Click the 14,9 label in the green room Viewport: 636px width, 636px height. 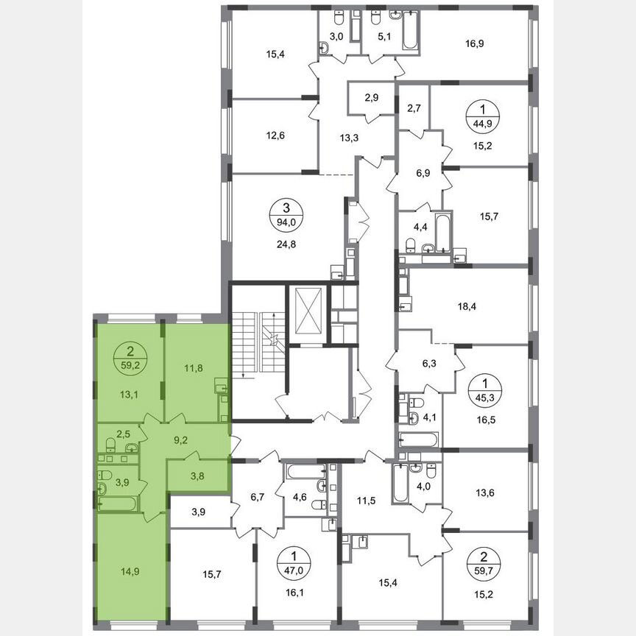(x=130, y=569)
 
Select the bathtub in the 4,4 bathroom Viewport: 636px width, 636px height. (x=442, y=232)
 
